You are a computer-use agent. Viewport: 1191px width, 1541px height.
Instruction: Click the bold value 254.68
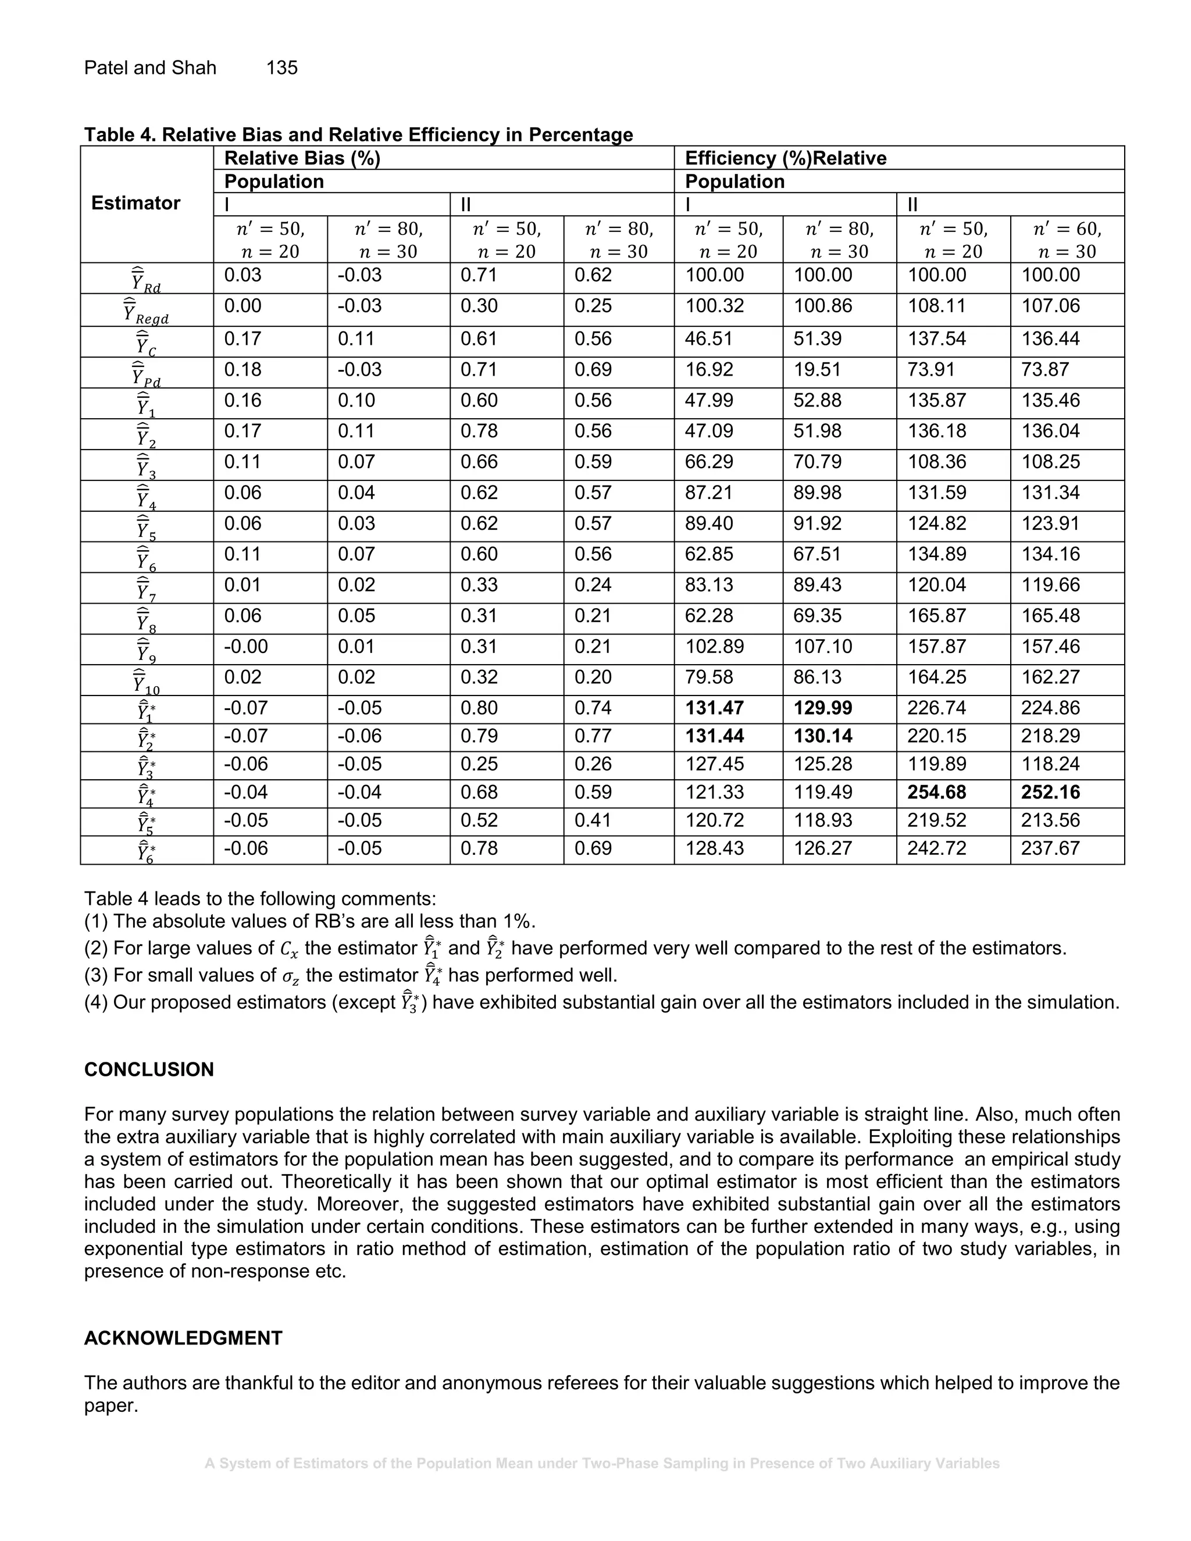(936, 793)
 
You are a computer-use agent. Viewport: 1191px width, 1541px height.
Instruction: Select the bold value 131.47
(714, 708)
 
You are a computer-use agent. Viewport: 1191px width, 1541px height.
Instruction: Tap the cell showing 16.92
(708, 370)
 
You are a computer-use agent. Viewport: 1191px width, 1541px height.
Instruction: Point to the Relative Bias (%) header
(302, 158)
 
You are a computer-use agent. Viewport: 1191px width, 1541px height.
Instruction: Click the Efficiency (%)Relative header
(785, 158)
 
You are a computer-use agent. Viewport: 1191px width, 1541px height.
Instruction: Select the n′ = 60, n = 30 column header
(1066, 240)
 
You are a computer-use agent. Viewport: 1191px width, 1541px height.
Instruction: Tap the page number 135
(281, 67)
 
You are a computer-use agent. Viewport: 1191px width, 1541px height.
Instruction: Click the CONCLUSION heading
(149, 1069)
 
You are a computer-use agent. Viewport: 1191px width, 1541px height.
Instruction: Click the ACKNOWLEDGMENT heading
(183, 1339)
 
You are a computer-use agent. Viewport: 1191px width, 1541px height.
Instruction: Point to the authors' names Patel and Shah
(149, 67)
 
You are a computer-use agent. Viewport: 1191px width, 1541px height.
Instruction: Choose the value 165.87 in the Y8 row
(936, 615)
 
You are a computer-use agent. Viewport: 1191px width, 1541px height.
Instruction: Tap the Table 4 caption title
(358, 135)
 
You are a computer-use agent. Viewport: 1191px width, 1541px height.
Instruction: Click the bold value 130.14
(823, 736)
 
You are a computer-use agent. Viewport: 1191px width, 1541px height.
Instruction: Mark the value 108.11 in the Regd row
(936, 306)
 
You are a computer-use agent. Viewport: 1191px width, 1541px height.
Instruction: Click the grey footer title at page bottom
(602, 1464)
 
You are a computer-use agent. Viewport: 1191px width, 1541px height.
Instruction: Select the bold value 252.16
(1050, 793)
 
